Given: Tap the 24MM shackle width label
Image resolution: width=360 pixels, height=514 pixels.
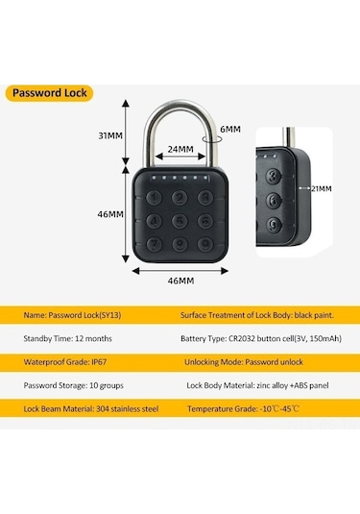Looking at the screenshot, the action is [180, 150].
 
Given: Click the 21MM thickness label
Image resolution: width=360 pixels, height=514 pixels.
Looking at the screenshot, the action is [319, 189].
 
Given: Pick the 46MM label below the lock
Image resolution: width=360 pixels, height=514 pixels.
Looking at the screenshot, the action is [180, 281].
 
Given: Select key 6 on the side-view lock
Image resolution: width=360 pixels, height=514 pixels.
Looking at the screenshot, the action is [275, 201].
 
